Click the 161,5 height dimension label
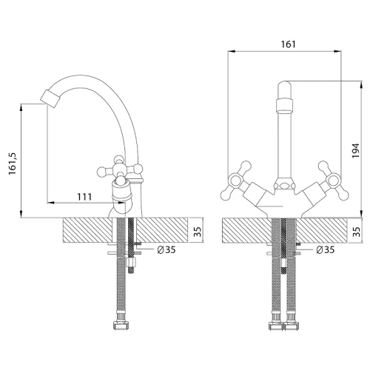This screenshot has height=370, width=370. click(x=13, y=164)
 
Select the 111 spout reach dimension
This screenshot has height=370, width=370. click(x=84, y=197)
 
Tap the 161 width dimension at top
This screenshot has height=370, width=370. click(x=288, y=44)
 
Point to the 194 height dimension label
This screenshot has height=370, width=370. click(x=355, y=151)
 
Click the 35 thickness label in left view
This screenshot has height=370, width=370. click(x=198, y=232)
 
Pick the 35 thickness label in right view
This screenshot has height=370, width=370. click(x=356, y=232)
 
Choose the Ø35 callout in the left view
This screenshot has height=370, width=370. click(x=166, y=249)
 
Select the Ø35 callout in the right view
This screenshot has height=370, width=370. click(x=326, y=249)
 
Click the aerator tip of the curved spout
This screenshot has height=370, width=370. click(x=51, y=98)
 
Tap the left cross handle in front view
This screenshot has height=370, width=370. click(x=235, y=180)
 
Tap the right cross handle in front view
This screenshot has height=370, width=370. click(x=333, y=180)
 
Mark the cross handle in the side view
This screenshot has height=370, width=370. click(x=120, y=170)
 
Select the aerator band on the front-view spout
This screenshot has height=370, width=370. click(x=284, y=105)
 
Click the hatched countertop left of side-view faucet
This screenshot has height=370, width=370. click(x=87, y=230)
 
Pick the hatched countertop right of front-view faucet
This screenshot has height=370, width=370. click(x=321, y=230)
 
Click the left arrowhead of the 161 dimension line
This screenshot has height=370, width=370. click(x=232, y=51)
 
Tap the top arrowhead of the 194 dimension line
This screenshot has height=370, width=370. click(x=362, y=84)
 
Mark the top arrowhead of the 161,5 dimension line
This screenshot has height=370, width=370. click(x=21, y=107)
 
